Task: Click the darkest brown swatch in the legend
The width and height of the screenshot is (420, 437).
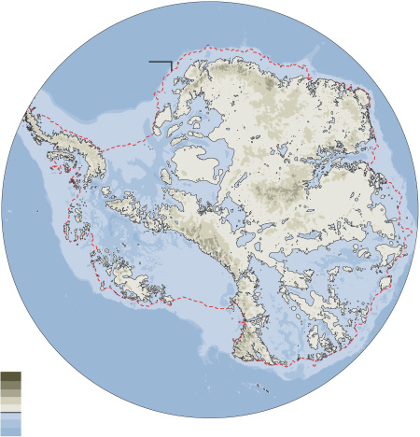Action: tap(10, 375)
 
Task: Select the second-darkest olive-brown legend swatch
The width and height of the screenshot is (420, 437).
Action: tap(10, 384)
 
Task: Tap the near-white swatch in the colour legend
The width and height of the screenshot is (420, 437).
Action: tap(10, 406)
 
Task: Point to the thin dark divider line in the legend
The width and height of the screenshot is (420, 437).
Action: tap(10, 412)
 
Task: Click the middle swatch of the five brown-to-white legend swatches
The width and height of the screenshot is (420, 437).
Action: tap(10, 391)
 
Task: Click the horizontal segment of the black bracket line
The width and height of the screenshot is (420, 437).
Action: tap(159, 63)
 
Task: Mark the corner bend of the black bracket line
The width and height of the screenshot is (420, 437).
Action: tap(171, 63)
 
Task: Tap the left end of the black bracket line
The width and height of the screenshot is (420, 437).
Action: tap(149, 63)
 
